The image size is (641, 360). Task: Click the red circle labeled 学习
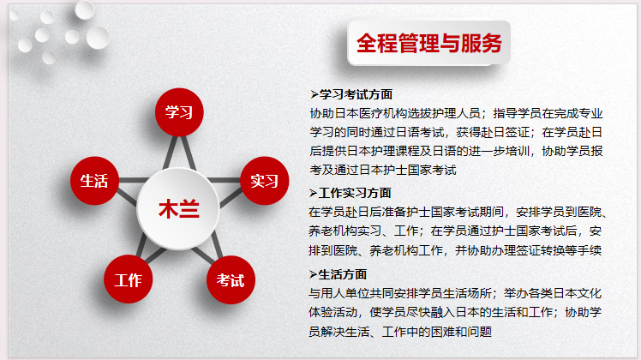(179, 112)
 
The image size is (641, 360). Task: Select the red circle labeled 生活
(94, 180)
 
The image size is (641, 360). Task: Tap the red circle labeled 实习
(265, 180)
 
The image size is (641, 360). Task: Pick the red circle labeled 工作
(129, 279)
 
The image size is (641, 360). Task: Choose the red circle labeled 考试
(231, 279)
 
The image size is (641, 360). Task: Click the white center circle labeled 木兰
(178, 208)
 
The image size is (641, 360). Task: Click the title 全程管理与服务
(428, 43)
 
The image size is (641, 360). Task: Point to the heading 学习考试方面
(356, 94)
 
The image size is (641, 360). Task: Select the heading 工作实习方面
(355, 193)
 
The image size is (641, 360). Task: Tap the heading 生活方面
(342, 274)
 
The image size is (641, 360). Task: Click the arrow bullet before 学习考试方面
(314, 95)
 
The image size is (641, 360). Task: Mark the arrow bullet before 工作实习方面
(313, 193)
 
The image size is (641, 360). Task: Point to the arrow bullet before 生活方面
(313, 274)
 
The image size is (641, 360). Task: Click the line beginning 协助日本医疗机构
(456, 113)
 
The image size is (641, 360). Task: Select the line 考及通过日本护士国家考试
(383, 170)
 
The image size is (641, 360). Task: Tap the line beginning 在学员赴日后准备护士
(458, 212)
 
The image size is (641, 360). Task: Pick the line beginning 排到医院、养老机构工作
(455, 250)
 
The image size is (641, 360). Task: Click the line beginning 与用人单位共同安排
(455, 293)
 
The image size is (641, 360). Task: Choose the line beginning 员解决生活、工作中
(400, 332)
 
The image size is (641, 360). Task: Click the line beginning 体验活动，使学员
(455, 312)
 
